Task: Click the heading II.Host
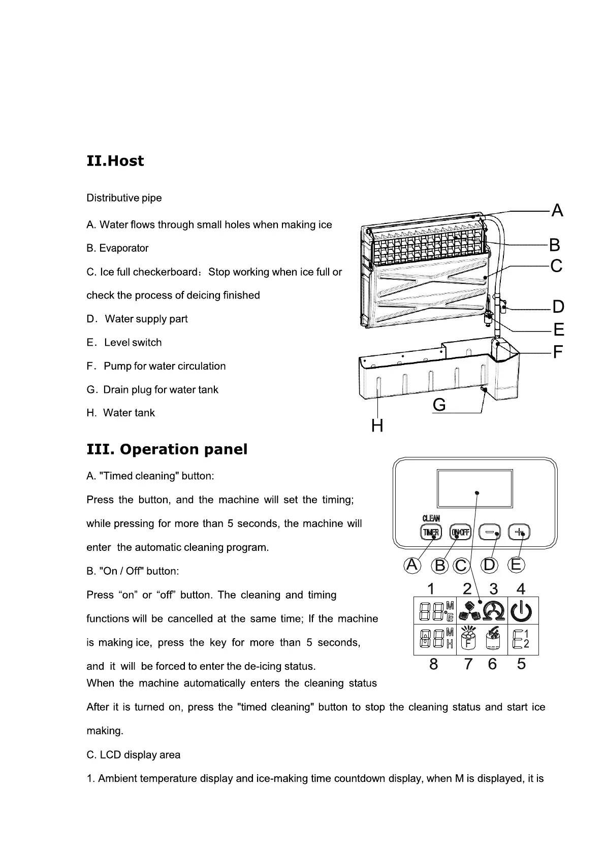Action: tap(115, 161)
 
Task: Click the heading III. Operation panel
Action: tap(167, 449)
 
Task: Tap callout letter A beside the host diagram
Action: tap(557, 210)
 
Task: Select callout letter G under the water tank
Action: tap(439, 405)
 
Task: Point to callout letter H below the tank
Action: tap(377, 425)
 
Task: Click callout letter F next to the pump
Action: tap(558, 351)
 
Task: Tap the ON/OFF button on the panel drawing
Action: tap(461, 532)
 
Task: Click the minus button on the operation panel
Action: tap(490, 532)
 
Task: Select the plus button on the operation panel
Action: tap(519, 532)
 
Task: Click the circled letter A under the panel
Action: tap(412, 565)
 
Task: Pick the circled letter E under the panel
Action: tap(516, 565)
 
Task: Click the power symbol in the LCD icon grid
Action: tap(521, 611)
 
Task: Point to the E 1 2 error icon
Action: tap(521, 640)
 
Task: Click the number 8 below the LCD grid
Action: tap(433, 664)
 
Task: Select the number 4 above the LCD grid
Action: tap(521, 589)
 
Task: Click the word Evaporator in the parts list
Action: tap(124, 248)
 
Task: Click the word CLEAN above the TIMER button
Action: tap(431, 518)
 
